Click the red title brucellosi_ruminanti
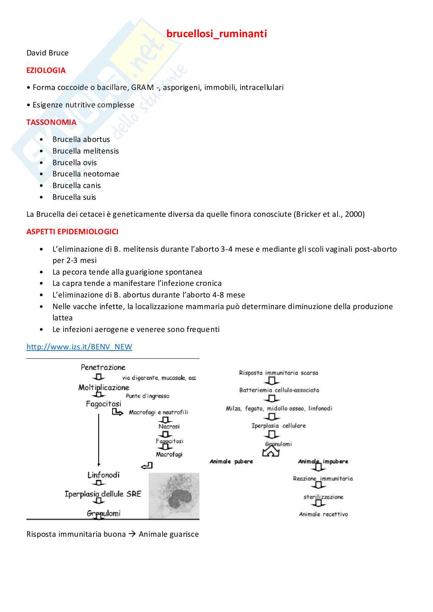[216, 34]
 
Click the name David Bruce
[47, 53]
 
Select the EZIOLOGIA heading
[46, 71]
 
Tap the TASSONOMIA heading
[51, 123]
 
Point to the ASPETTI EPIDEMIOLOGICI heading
[72, 232]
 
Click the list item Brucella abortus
[81, 140]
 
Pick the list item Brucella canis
[76, 186]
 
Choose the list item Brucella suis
[74, 197]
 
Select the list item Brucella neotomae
[86, 174]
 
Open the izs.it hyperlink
[79, 347]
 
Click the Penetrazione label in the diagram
[103, 367]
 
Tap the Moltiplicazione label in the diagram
[104, 387]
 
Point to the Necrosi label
[169, 426]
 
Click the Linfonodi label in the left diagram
[103, 475]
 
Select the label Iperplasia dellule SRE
[103, 494]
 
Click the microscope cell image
[174, 496]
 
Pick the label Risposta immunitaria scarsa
[278, 373]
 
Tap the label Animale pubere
[231, 462]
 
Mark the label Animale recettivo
[323, 514]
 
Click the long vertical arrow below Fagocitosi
[99, 440]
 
